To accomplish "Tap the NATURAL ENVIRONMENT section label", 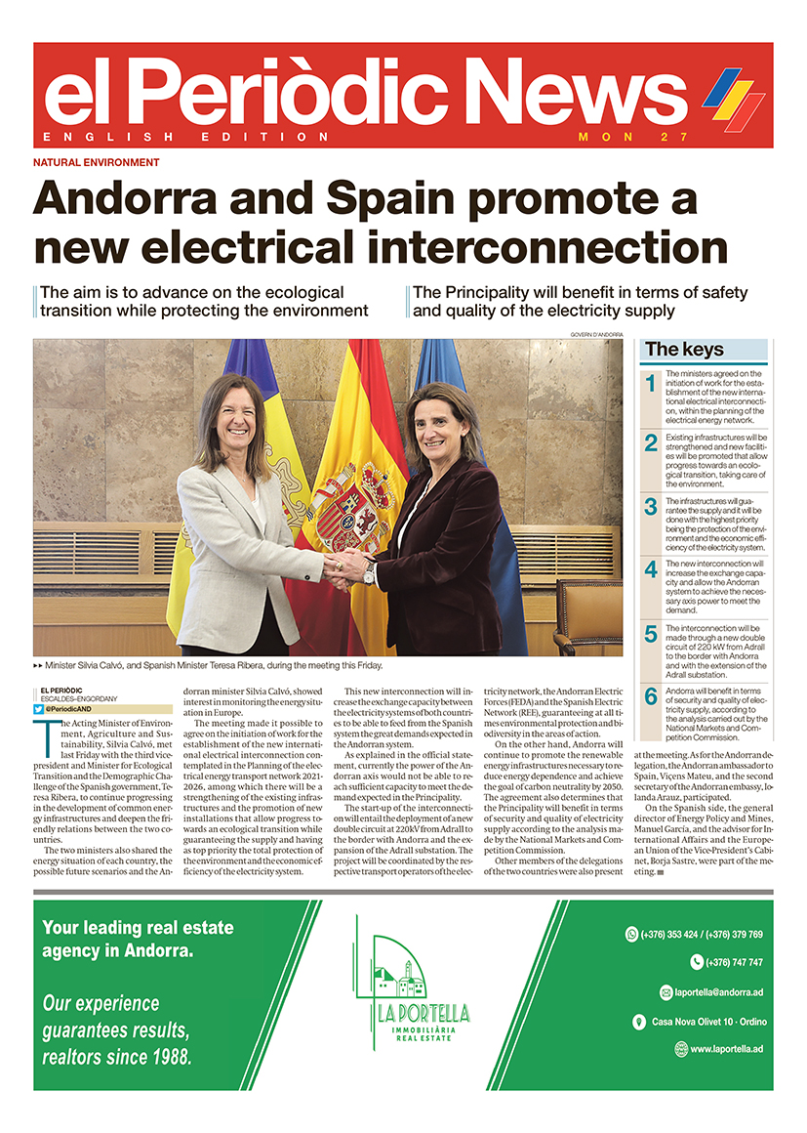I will click(x=96, y=162).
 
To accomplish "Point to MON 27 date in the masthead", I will click(x=633, y=137).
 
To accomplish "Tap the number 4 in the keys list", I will click(x=651, y=569).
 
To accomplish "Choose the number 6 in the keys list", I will click(x=651, y=696).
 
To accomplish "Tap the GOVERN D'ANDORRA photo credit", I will click(x=595, y=335).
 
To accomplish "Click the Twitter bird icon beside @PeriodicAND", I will click(x=38, y=709).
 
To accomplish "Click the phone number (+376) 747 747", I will click(x=726, y=962).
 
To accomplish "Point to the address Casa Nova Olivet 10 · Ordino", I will click(x=708, y=1022).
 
